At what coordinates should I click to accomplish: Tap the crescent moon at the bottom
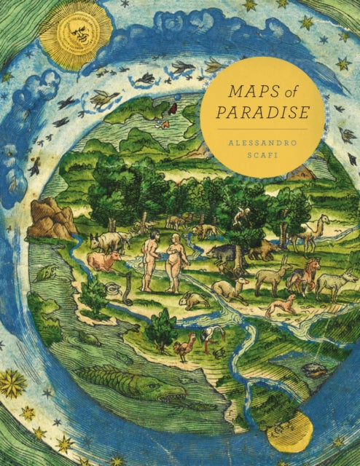click(289, 436)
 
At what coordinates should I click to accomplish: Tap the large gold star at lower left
click(12, 383)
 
